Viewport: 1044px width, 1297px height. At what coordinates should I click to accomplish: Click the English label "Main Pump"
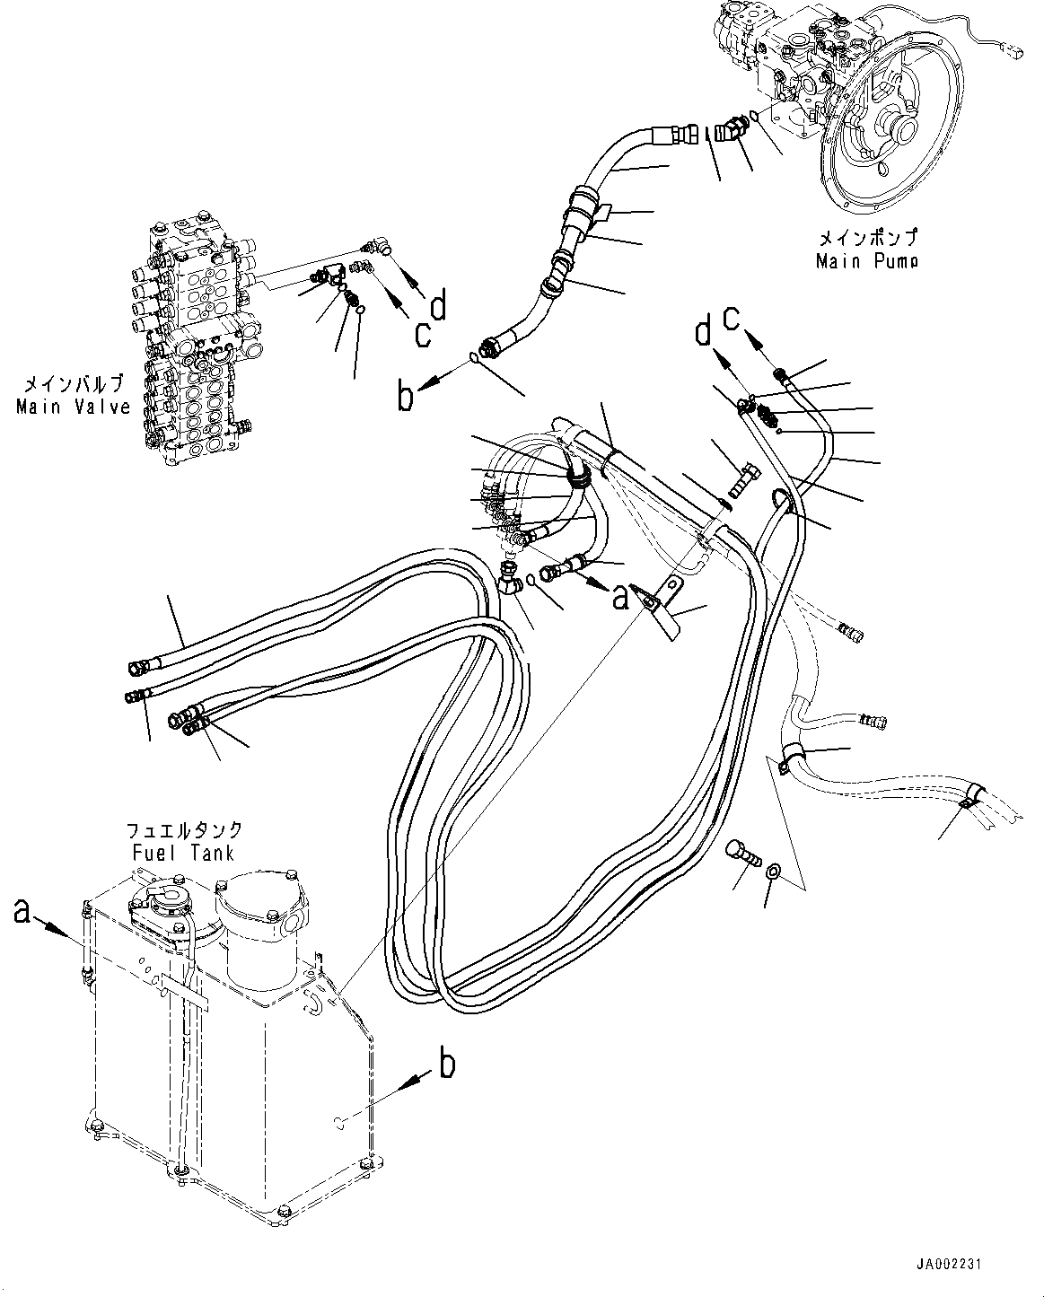pyautogui.click(x=866, y=261)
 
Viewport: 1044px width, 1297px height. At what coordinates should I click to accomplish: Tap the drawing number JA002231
pyautogui.click(x=950, y=1265)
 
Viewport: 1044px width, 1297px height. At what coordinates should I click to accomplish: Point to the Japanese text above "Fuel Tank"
pyautogui.click(x=184, y=830)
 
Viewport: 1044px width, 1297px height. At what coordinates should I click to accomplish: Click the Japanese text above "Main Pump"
pyautogui.click(x=867, y=240)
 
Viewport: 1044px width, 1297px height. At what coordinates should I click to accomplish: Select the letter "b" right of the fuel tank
pyautogui.click(x=446, y=1065)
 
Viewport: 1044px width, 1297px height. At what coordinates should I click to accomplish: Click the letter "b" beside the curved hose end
pyautogui.click(x=407, y=396)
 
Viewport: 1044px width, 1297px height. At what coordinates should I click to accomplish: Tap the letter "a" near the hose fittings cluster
pyautogui.click(x=619, y=597)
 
